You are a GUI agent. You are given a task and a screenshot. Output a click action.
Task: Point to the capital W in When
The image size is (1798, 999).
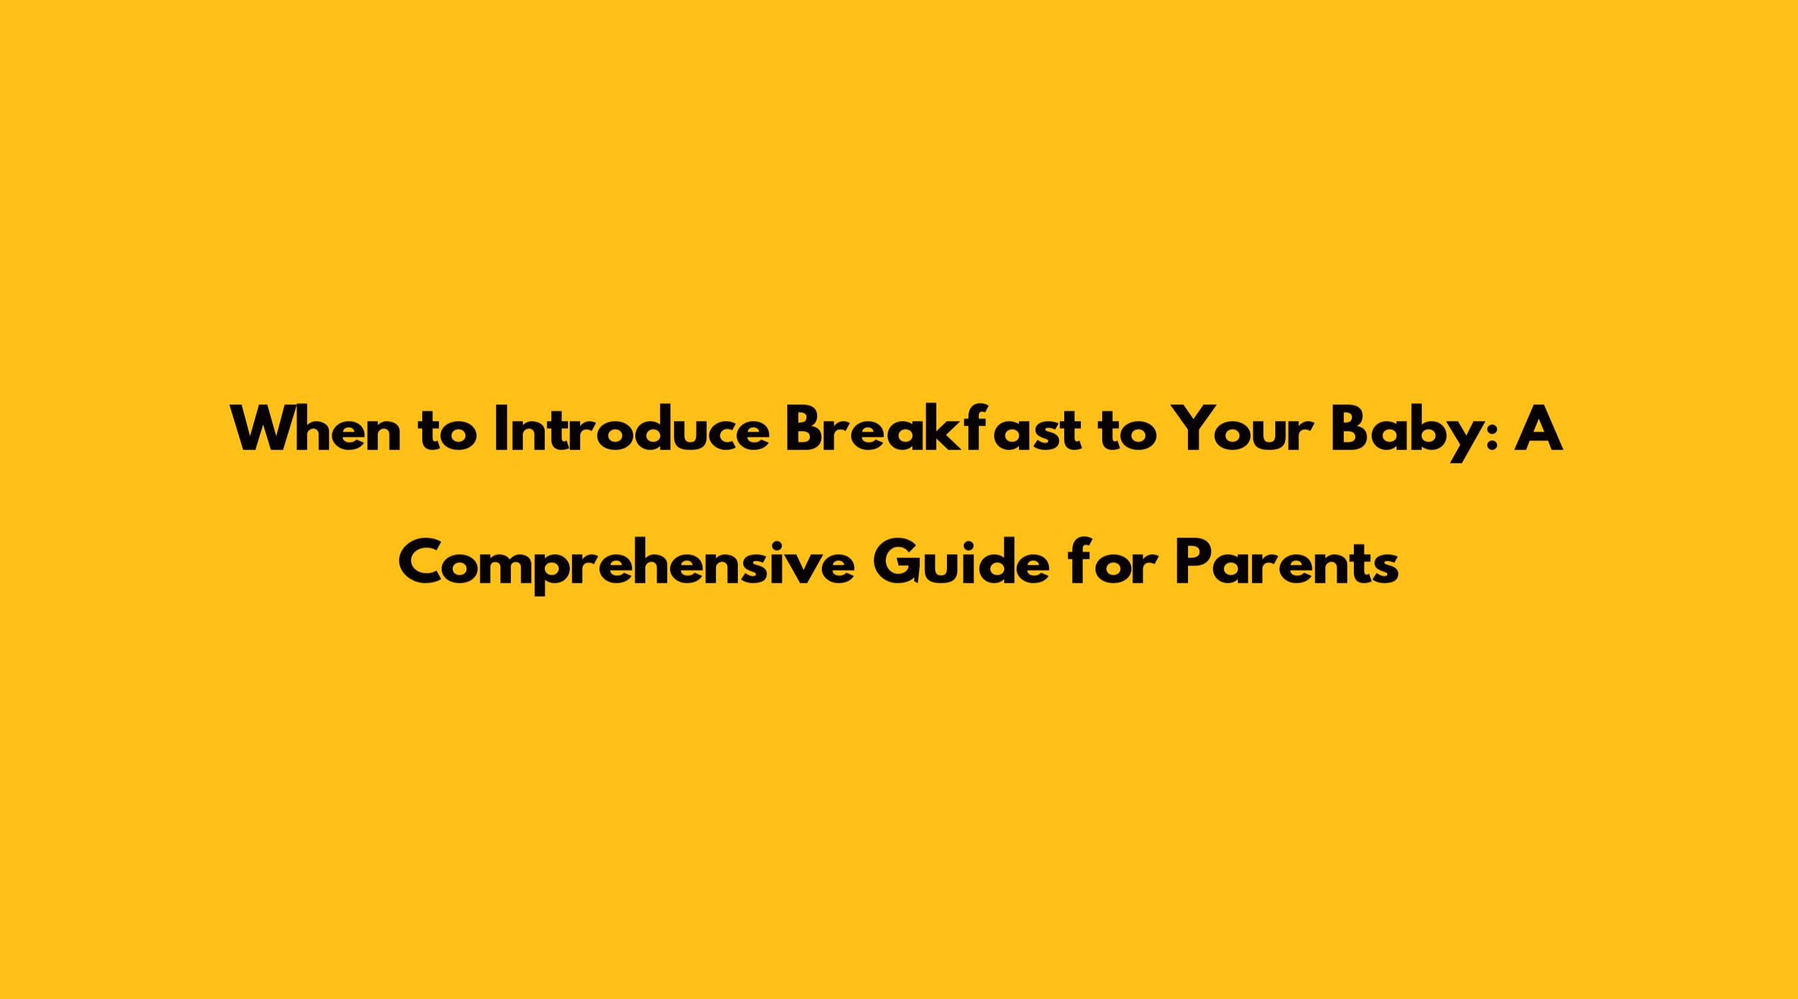click(263, 430)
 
